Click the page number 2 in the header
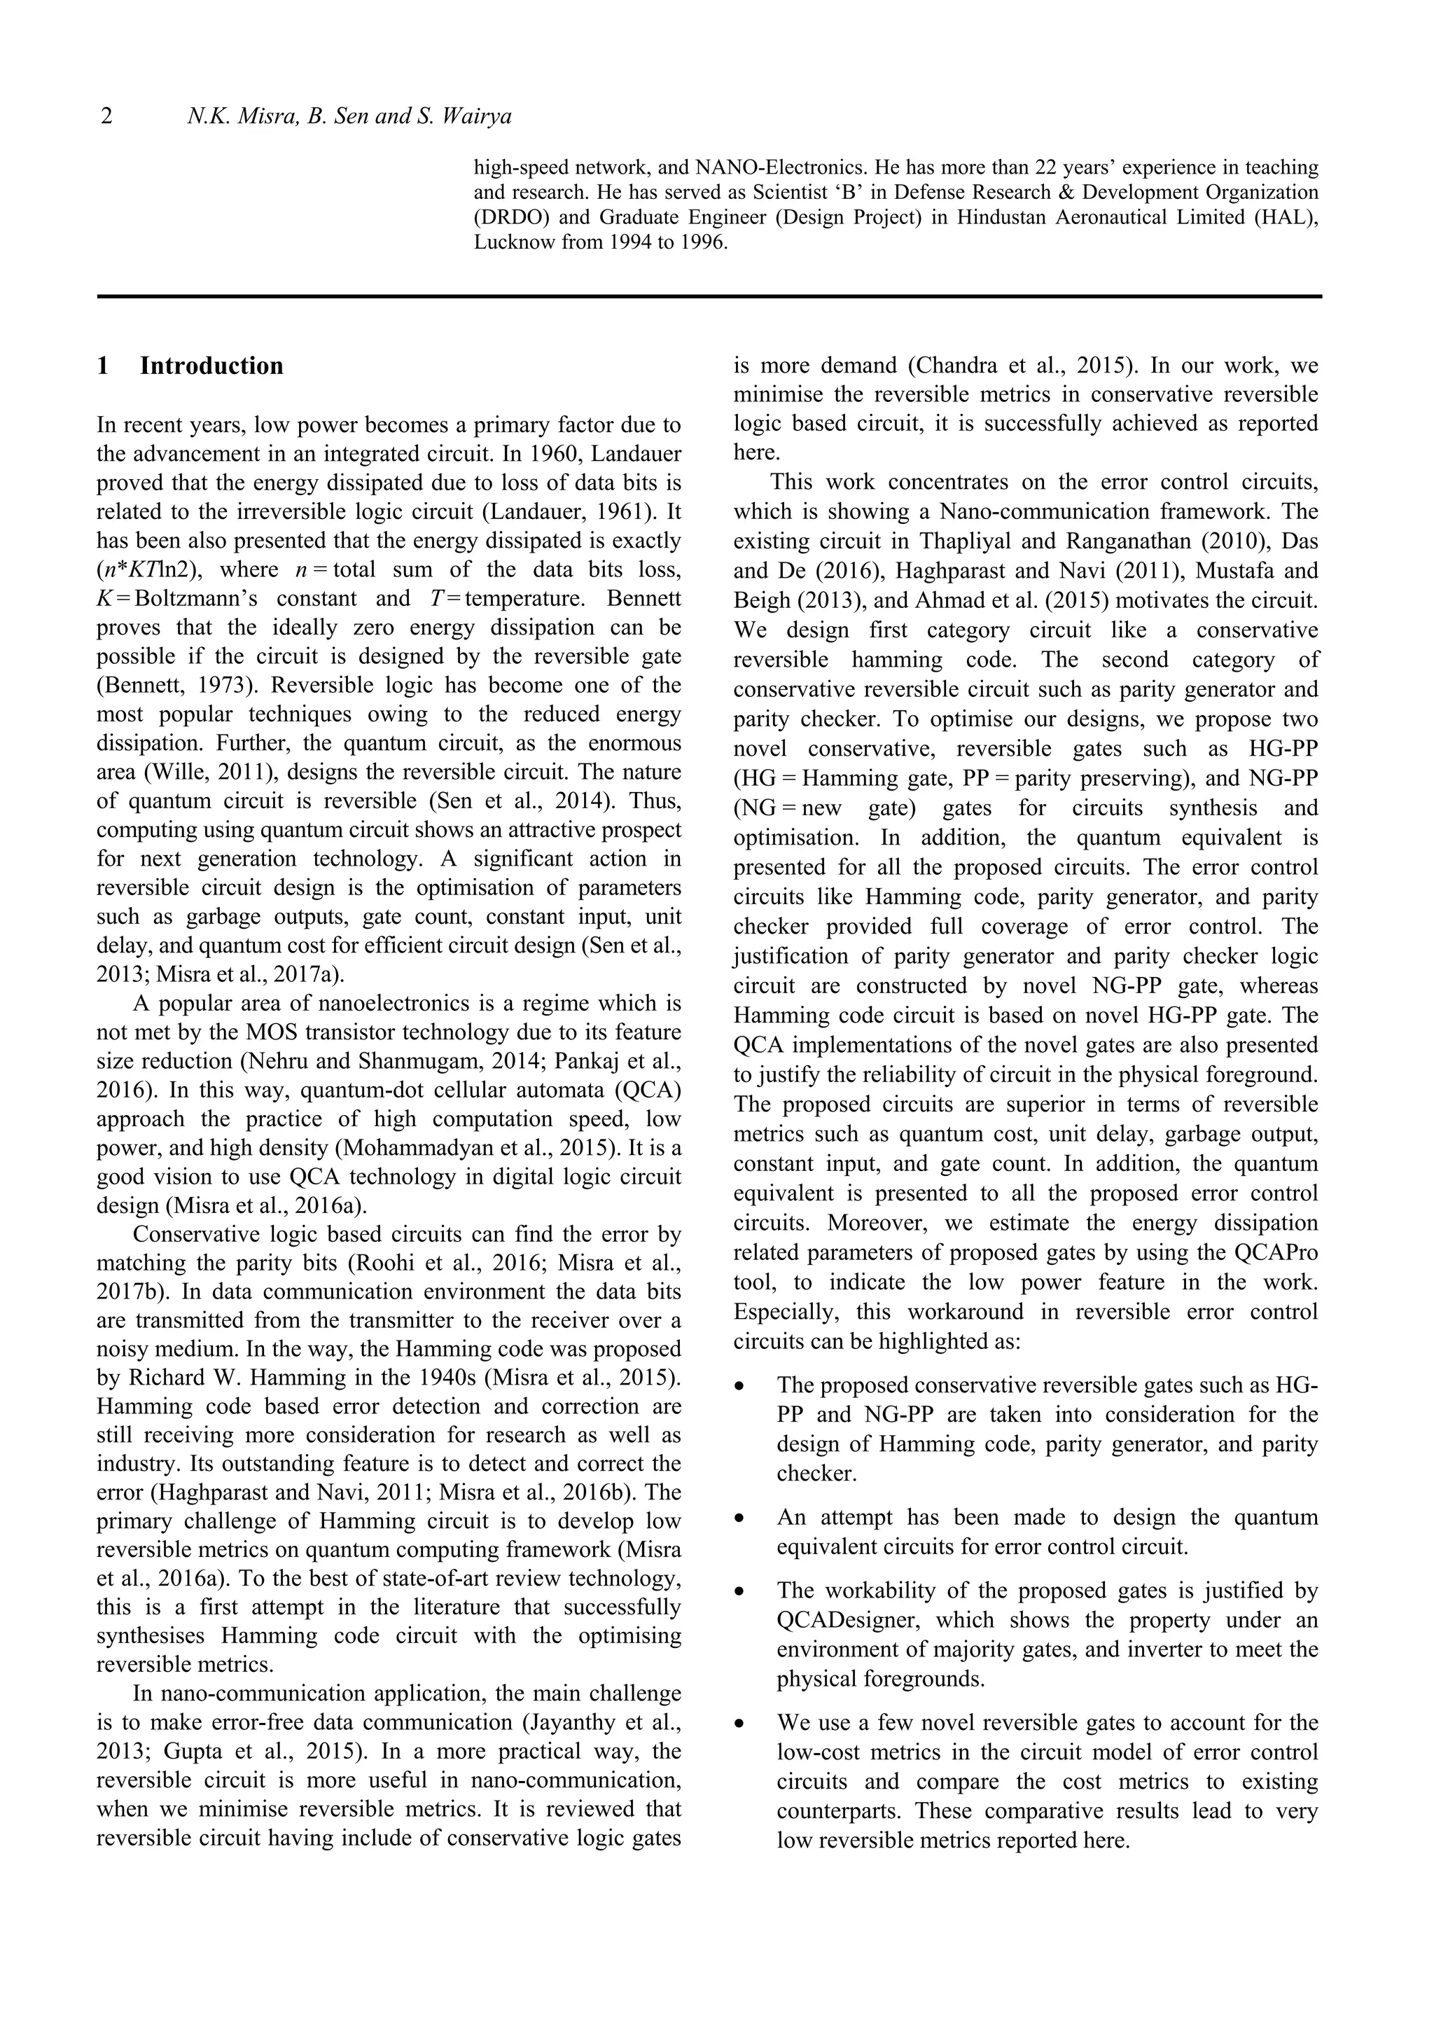[107, 116]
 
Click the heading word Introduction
[211, 366]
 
